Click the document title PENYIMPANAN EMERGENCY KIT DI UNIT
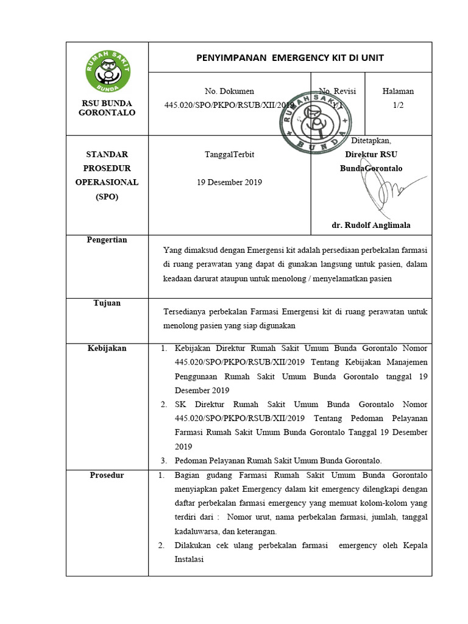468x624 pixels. pyautogui.click(x=289, y=58)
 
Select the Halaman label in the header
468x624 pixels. pyautogui.click(x=398, y=91)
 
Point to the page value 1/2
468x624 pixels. pyautogui.click(x=398, y=105)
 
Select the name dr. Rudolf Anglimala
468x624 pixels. pyautogui.click(x=370, y=225)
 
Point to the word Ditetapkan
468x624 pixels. pyautogui.click(x=371, y=141)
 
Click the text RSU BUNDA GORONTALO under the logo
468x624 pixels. pyautogui.click(x=107, y=108)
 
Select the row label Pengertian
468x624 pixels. pyautogui.click(x=107, y=240)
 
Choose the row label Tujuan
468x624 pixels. pyautogui.click(x=107, y=303)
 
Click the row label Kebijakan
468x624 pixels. pyautogui.click(x=107, y=348)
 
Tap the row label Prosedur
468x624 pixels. pyautogui.click(x=107, y=475)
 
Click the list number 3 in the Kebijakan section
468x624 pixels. pyautogui.click(x=164, y=460)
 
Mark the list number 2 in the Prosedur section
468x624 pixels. pyautogui.click(x=161, y=545)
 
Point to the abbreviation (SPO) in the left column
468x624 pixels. pyautogui.click(x=107, y=196)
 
